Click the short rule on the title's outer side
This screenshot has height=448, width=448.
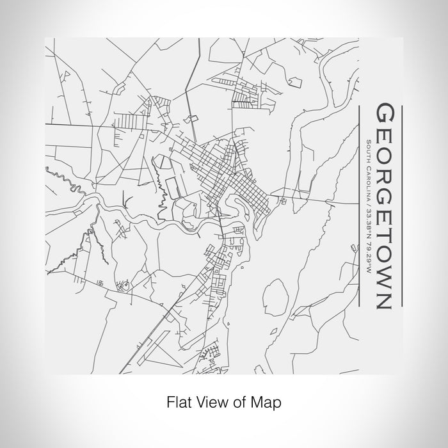pyautogui.click(x=401, y=205)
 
